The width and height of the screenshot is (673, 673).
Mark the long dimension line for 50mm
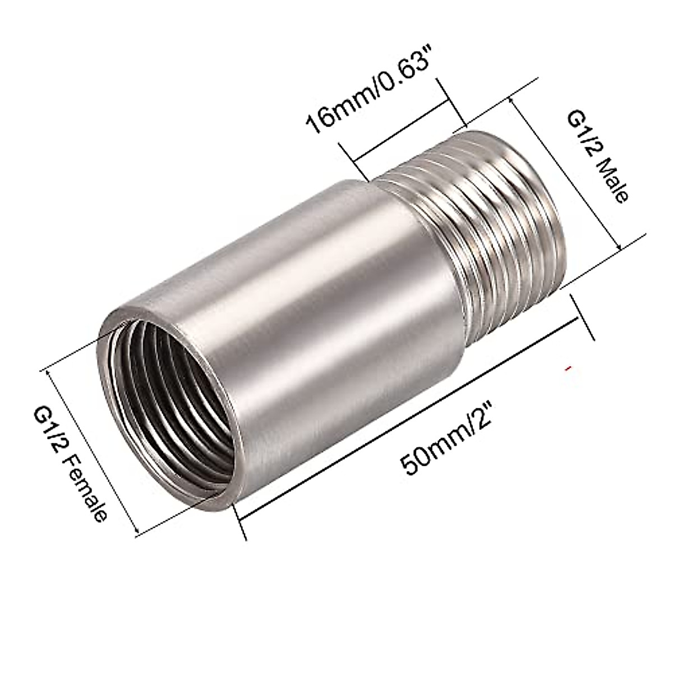[x=409, y=415]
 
